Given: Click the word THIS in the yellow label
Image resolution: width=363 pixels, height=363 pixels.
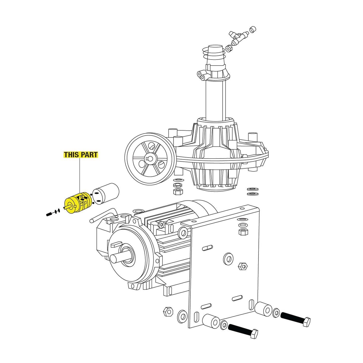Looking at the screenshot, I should pos(71,155).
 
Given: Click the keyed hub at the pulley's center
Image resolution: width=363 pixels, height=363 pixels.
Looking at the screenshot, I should pos(150,159).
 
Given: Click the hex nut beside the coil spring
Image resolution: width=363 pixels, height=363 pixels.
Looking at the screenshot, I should pos(229,48).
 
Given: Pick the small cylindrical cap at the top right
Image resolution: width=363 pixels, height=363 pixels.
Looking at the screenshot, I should pos(252,30).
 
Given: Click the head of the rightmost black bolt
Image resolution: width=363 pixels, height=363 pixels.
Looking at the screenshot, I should pos(306,322).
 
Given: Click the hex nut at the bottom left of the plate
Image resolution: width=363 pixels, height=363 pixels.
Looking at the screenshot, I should pos(168,312).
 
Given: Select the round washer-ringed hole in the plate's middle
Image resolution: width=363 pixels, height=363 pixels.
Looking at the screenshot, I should pos(228,259).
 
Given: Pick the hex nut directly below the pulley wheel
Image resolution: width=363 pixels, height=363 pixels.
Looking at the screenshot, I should pos(178,192).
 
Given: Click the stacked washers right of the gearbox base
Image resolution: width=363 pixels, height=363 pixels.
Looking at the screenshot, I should pos(253,191).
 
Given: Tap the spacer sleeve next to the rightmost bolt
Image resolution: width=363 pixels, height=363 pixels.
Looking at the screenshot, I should pos(264,309).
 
